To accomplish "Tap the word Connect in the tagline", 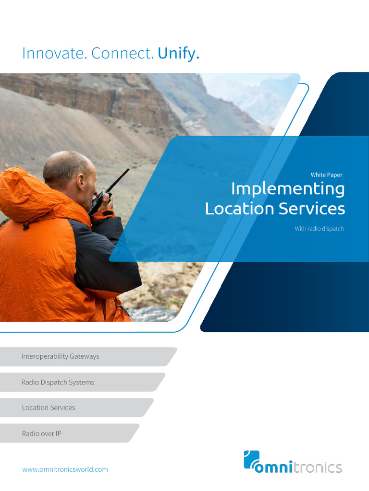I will coord(123,54).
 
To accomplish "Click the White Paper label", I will coord(326,175).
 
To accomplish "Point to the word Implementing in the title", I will coord(287,189).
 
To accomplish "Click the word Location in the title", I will coord(233,209).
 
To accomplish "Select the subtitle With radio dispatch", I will coord(319,229).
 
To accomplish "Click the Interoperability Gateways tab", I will coord(60,356).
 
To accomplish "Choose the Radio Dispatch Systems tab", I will coord(58,382).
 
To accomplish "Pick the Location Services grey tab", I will coord(49,408).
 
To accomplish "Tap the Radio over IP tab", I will coord(41,433).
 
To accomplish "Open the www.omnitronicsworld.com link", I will coord(65,469).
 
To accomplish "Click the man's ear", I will coord(82,182).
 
